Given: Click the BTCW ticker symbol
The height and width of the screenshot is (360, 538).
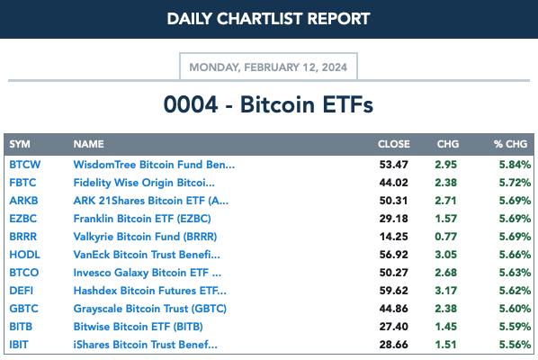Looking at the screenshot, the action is click(24, 165).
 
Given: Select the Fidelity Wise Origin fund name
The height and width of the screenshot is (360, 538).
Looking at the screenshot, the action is click(144, 183).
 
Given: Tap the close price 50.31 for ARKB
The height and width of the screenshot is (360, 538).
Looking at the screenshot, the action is click(393, 201).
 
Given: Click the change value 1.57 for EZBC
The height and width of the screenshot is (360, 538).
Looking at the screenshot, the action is click(445, 219).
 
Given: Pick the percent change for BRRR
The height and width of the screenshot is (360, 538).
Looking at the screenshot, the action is click(515, 237).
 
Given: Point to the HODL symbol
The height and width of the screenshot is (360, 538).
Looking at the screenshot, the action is click(24, 255).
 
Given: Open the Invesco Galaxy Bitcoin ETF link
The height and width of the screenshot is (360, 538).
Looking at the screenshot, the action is click(148, 273).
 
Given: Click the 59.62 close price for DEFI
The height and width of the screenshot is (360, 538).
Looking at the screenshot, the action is click(393, 291).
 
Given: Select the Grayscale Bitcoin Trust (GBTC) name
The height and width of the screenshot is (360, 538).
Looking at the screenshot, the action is click(150, 309).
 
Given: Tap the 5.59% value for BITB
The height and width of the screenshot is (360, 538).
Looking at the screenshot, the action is click(515, 327).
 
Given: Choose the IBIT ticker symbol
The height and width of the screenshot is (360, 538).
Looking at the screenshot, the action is click(19, 345).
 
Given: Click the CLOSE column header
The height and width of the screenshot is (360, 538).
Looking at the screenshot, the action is click(394, 144).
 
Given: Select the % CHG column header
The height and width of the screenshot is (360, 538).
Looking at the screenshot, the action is click(510, 144).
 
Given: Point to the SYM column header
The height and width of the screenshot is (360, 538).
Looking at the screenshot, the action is click(20, 144).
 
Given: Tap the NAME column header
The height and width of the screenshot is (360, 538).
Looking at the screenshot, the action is click(88, 144).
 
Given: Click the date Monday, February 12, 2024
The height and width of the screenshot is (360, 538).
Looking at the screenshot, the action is click(268, 67).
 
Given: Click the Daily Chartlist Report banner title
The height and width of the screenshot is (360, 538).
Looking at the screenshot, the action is click(269, 19).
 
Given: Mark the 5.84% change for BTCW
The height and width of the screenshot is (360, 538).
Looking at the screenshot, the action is click(515, 165).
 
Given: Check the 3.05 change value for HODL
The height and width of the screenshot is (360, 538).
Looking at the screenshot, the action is click(445, 255).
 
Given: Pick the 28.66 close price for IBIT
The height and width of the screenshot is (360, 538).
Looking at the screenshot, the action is click(393, 345).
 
